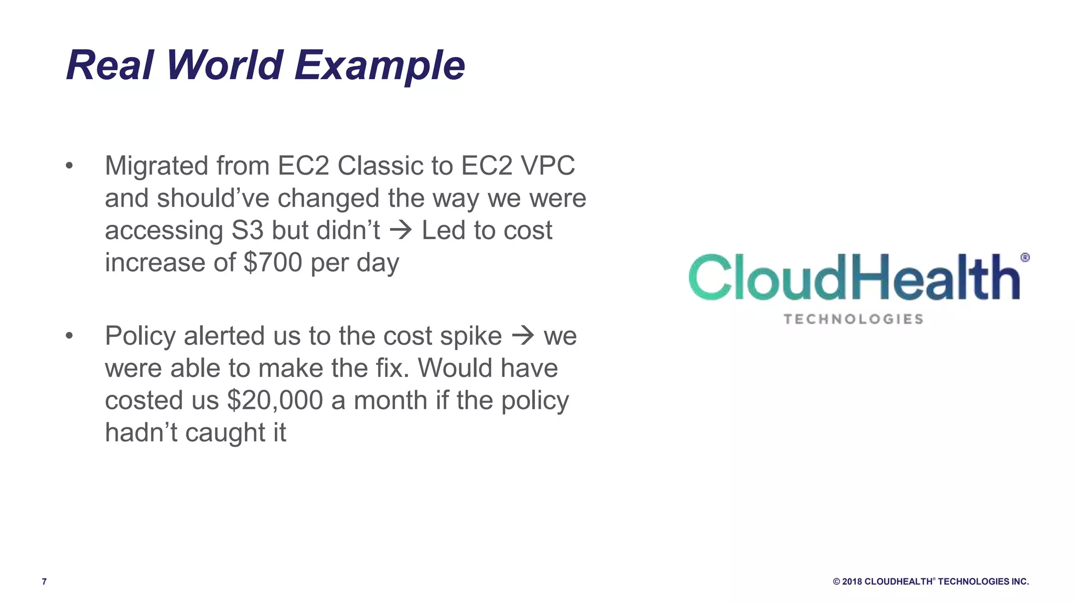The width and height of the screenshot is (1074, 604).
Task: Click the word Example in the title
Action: click(379, 66)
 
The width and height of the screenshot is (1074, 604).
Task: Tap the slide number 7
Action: click(44, 581)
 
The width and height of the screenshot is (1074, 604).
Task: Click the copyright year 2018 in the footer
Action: click(852, 581)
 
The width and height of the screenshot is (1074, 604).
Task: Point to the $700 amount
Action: click(273, 262)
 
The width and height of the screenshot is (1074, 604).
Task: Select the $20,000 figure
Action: click(275, 401)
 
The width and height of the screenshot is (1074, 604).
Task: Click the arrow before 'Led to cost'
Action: click(401, 230)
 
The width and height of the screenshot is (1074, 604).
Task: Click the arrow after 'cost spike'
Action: click(522, 336)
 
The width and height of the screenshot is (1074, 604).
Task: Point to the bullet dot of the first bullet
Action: click(69, 166)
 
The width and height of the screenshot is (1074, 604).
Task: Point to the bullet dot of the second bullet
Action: click(69, 336)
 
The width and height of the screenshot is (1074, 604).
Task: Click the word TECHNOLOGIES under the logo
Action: click(853, 319)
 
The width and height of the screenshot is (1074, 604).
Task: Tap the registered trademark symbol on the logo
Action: click(1025, 257)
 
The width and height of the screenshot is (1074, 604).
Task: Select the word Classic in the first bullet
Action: click(380, 166)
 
